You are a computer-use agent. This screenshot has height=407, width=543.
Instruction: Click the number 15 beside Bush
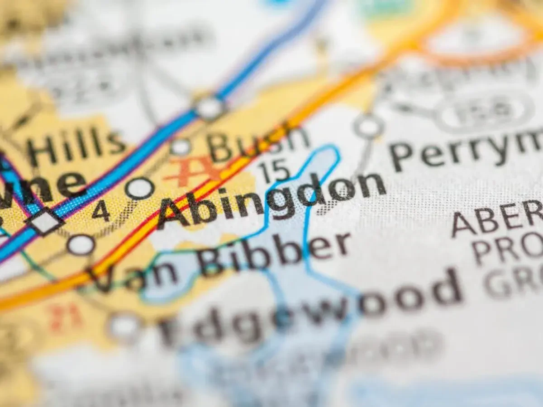(x=274, y=170)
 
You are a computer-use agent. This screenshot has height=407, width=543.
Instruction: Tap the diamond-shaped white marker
(x=45, y=222)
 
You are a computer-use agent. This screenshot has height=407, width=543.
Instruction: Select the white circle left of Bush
(x=181, y=147)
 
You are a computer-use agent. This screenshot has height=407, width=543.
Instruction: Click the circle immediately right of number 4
(x=140, y=188)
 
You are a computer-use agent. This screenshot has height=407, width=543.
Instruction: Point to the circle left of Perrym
(x=369, y=126)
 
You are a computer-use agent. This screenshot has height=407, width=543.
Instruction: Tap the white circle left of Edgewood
(x=124, y=327)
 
